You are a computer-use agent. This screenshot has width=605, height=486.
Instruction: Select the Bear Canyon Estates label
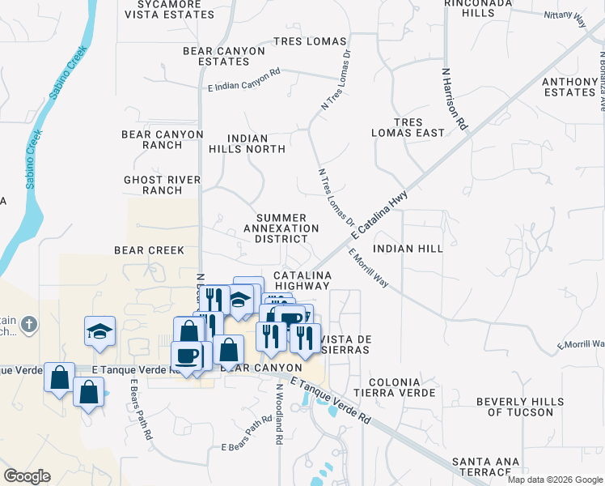click(224, 56)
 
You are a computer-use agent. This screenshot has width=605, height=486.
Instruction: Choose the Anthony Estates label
click(569, 87)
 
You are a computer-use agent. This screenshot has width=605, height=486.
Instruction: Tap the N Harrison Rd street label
click(455, 99)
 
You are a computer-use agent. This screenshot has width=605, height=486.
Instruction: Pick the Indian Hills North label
click(247, 143)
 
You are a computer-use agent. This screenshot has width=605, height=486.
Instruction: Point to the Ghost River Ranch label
click(163, 185)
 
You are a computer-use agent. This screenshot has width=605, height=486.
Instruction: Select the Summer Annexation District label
click(281, 228)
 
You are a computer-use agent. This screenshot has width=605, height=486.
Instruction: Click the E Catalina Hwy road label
click(381, 214)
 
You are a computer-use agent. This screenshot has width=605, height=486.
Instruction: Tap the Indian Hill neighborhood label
click(408, 249)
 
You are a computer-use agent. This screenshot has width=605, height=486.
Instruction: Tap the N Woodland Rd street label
click(279, 413)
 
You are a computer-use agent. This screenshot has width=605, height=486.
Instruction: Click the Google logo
click(27, 476)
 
